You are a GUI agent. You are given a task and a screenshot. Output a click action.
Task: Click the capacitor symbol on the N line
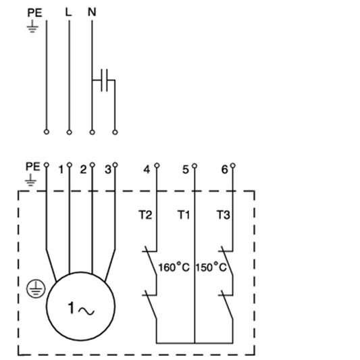103,81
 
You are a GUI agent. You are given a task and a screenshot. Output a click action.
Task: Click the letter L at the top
69,12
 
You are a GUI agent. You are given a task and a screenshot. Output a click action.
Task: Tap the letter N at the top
91,12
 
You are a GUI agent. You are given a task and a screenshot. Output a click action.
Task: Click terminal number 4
147,170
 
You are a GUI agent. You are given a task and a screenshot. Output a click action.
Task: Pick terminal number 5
186,170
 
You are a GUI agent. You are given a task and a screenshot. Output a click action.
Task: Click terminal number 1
61,170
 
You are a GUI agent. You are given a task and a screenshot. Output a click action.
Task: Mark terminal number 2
84,170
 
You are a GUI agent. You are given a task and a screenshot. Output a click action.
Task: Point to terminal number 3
107,170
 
